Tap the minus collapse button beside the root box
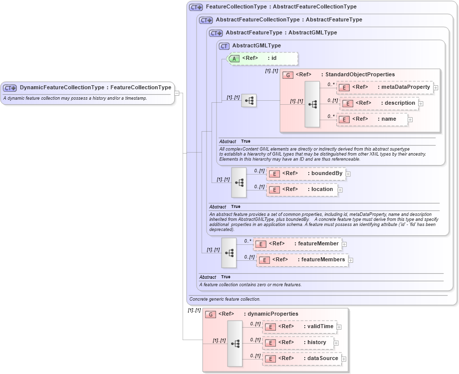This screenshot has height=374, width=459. coord(177,93)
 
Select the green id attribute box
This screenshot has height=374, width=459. coord(263,58)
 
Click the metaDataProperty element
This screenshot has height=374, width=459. coord(385,87)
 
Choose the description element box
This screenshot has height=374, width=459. coord(379,103)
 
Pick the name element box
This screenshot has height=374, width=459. coord(372,119)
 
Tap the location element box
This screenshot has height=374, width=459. coord(301,189)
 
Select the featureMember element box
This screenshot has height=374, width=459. coord(297,244)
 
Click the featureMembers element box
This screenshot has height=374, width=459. coord(302,260)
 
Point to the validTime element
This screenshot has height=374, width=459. coord(299,327)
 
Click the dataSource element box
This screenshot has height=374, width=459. coord(302,359)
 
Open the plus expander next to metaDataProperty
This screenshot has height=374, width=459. coord(436,88)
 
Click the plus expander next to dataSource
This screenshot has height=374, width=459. coord(344,359)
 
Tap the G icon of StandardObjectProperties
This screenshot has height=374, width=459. coord(287,75)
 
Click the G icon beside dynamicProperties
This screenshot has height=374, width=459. coord(211,314)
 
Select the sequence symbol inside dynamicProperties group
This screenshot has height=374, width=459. coord(235,344)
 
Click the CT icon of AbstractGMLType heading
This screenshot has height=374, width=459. coord(224,46)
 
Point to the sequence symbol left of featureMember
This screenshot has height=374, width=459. coord(229,252)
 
